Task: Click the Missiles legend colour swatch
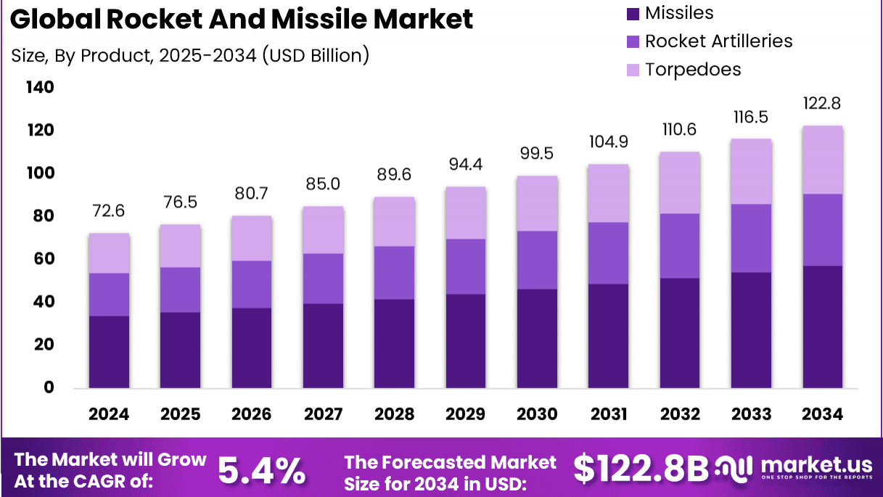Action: pyautogui.click(x=633, y=13)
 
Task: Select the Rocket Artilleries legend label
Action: pyautogui.click(x=718, y=41)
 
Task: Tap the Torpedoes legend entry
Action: pyautogui.click(x=693, y=70)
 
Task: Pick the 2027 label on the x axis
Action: pyautogui.click(x=323, y=414)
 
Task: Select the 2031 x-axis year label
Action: pyautogui.click(x=608, y=414)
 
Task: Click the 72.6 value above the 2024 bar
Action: pyautogui.click(x=109, y=212)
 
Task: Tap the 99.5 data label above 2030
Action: pyautogui.click(x=537, y=155)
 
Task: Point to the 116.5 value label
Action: pyautogui.click(x=751, y=118)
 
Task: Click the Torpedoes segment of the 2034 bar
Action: pyautogui.click(x=822, y=160)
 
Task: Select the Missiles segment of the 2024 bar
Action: pyautogui.click(x=109, y=352)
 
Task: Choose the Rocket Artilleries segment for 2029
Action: pyautogui.click(x=466, y=266)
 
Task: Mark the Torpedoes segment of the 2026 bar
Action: pyautogui.click(x=251, y=238)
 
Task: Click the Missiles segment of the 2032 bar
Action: pyautogui.click(x=680, y=333)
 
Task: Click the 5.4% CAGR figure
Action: pyautogui.click(x=261, y=470)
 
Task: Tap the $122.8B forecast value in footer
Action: pyautogui.click(x=641, y=469)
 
